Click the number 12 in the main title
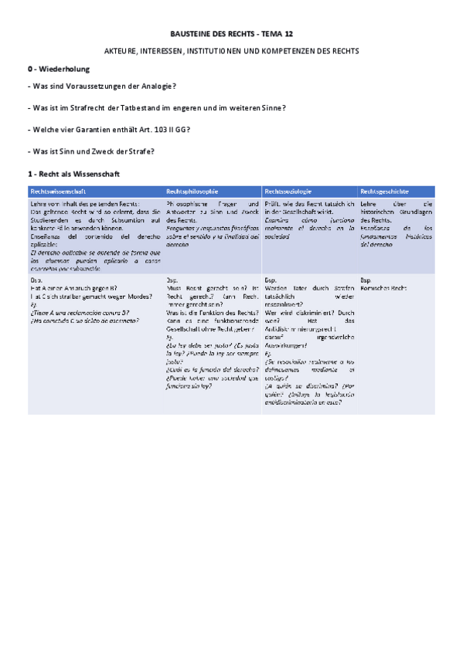coord(288,35)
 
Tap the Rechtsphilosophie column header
coord(192,191)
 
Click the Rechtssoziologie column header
coord(288,191)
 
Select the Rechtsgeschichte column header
coord(385,191)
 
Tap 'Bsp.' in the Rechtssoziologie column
coord(271,280)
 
